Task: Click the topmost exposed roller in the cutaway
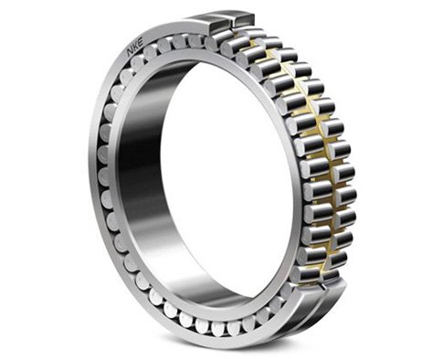[239, 35]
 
